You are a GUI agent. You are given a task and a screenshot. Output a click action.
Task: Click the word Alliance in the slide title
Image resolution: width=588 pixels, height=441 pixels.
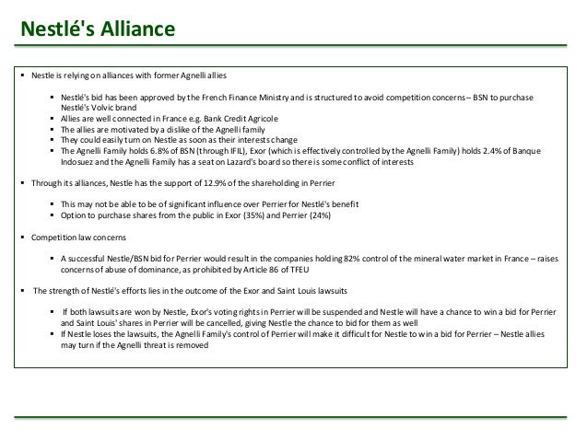(133, 30)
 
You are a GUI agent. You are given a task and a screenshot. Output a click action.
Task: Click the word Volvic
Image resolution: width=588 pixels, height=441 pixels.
(103, 107)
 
